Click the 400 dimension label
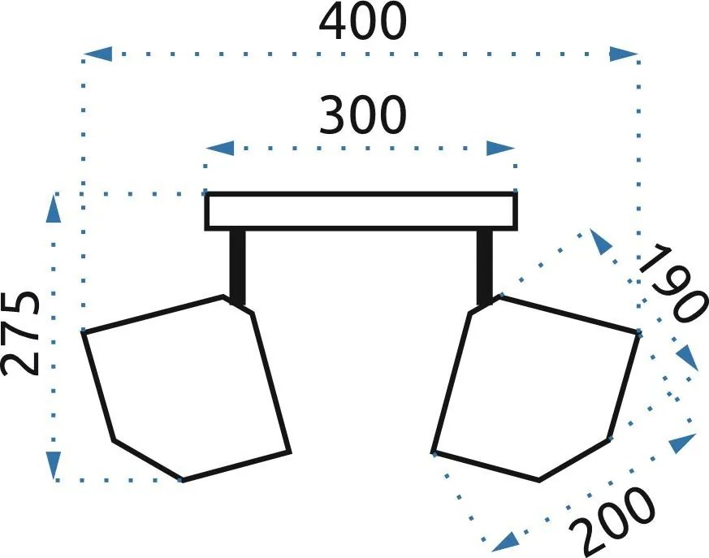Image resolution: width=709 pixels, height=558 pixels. point(363,22)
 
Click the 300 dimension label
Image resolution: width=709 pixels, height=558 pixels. point(363,115)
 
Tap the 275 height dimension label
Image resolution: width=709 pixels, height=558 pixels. point(19,334)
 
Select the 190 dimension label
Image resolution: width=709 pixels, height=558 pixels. point(672,283)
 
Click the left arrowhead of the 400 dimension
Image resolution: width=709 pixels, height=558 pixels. point(97,54)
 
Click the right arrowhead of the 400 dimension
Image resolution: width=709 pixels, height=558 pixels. point(623,54)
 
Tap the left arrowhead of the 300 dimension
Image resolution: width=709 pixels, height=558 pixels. point(220,148)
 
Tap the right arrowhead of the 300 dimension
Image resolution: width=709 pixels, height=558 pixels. point(500,148)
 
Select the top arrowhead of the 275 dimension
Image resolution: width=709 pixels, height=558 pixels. point(54,208)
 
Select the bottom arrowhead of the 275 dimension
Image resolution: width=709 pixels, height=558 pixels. point(54,465)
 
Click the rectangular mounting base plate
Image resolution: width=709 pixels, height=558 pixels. point(361,211)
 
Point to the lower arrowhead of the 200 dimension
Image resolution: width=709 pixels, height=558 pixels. point(504,542)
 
